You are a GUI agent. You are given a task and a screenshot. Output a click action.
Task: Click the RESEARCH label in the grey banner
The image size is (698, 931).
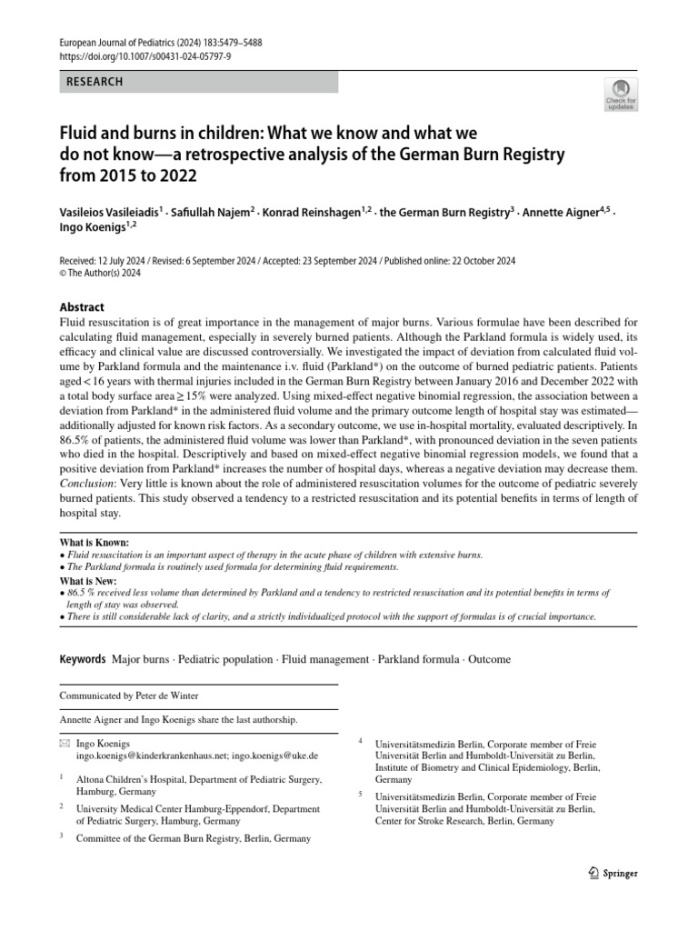95,82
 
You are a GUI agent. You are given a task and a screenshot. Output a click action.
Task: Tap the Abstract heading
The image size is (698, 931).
82,307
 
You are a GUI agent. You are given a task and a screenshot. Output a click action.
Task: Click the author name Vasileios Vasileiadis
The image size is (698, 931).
109,212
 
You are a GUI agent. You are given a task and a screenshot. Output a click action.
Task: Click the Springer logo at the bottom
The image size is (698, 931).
613,873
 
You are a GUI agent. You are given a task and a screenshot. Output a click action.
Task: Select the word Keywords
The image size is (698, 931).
82,659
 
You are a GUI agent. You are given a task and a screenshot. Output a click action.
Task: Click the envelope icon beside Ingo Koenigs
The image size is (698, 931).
63,744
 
